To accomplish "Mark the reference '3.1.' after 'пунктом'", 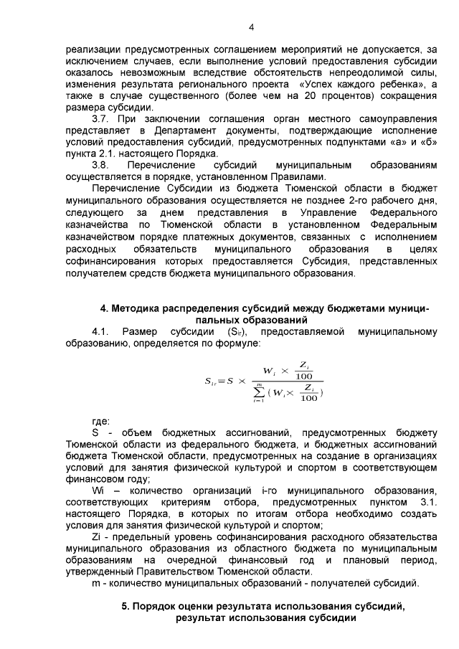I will point(427,502).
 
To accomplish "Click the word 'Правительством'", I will point(180,571).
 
